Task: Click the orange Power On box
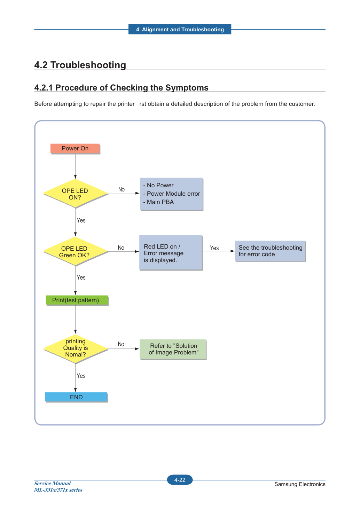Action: tap(75, 149)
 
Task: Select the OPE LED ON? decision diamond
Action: tap(75, 193)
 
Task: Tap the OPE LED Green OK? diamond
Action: tap(75, 251)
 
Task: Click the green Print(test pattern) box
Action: tap(77, 300)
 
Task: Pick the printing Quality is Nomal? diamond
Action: tap(75, 349)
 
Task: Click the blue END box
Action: tap(76, 397)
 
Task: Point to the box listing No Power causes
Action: tap(171, 194)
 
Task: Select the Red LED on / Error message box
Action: tap(171, 253)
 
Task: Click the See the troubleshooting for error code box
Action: tap(270, 251)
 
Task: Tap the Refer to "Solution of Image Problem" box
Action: tap(173, 350)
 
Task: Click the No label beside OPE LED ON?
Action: tap(122, 189)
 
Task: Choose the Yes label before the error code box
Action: tap(214, 248)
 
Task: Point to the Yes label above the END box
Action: tap(81, 376)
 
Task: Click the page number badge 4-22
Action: tap(180, 480)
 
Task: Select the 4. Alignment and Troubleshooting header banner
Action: tap(180, 29)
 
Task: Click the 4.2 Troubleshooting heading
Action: tap(80, 65)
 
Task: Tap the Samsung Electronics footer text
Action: tap(300, 484)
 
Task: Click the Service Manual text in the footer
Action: tap(52, 483)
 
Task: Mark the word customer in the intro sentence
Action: tap(302, 104)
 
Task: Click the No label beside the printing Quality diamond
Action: tap(121, 344)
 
